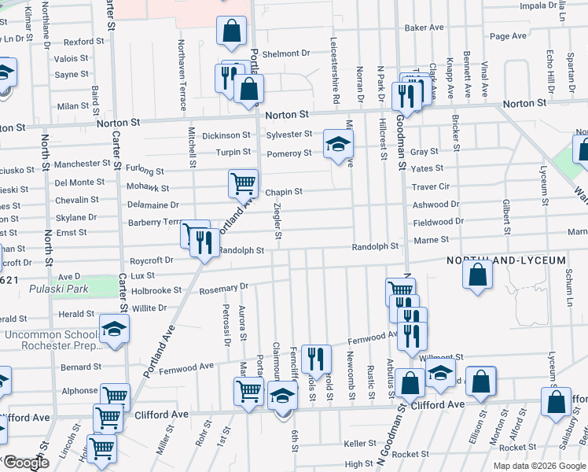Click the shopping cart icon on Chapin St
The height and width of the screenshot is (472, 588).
(x=243, y=183)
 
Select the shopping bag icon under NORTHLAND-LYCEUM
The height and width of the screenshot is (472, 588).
(x=478, y=275)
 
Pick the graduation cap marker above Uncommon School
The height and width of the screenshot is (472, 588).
(x=114, y=328)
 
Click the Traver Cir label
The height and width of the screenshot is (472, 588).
(x=431, y=187)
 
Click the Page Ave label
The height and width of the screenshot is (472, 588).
(x=508, y=36)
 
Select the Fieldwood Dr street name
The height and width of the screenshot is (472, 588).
(x=439, y=222)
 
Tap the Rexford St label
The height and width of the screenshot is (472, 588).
(x=84, y=42)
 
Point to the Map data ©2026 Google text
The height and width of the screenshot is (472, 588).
(x=538, y=465)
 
